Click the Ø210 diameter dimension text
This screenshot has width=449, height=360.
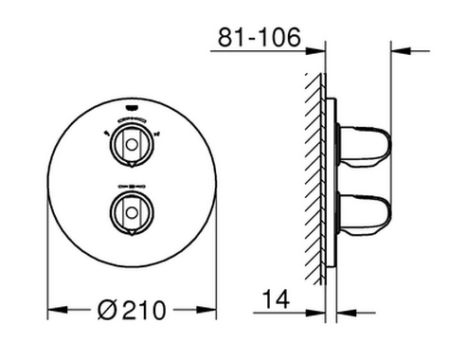[132, 310]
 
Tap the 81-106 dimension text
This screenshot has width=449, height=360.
[260, 37]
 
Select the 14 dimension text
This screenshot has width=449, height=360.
[276, 299]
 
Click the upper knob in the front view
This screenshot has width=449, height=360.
[132, 145]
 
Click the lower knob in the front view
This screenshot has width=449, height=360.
[132, 212]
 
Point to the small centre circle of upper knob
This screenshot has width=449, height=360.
[132, 145]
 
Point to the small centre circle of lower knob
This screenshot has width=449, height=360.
[132, 212]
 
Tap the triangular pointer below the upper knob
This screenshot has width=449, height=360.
[132, 164]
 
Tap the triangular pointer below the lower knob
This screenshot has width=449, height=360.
[132, 231]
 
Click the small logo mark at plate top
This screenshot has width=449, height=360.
[132, 108]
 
